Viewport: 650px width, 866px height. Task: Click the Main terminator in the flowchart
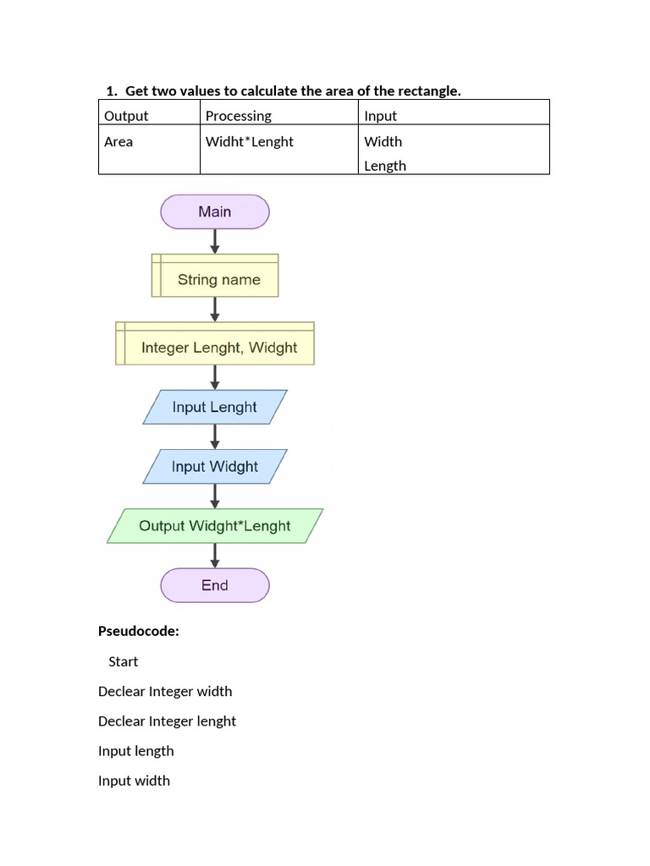pos(215,211)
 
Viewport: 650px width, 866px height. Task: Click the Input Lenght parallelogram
pos(215,407)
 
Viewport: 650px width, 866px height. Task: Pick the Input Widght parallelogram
pos(215,466)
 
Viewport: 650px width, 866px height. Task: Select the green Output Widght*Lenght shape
pos(215,525)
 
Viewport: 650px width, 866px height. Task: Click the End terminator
pos(215,585)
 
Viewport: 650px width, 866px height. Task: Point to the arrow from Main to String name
pos(215,241)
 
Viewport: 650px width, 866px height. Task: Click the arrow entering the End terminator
pos(215,555)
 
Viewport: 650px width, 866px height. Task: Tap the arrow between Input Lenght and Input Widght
pos(215,436)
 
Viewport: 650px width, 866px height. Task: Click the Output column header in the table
pos(126,116)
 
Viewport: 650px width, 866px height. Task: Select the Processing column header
pos(239,116)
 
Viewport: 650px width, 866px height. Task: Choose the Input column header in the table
pos(380,116)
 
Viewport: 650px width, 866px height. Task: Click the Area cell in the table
pos(118,142)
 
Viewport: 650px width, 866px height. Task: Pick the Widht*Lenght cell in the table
pos(250,142)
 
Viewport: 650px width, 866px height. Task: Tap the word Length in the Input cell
pos(385,166)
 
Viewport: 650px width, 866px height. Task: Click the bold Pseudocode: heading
pos(139,631)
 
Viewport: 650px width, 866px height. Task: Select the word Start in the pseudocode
pos(123,661)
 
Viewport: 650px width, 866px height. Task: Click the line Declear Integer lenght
pos(167,721)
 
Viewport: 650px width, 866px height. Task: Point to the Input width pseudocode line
pos(134,781)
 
